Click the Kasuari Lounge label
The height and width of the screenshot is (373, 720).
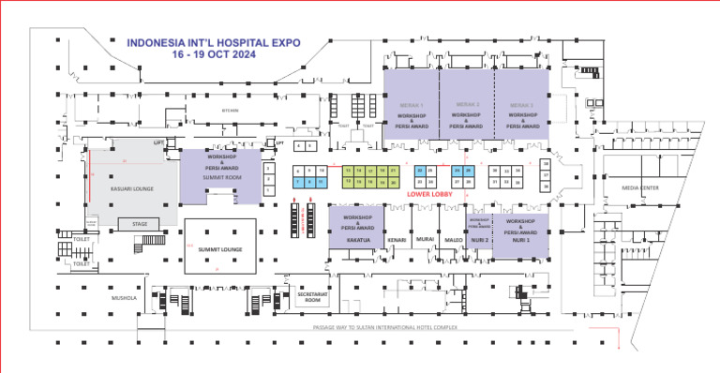coord(132,187)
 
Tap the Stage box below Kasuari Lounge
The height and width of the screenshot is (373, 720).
coord(140,224)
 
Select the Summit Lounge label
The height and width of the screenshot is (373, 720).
coord(220,248)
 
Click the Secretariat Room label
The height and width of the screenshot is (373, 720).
coord(313,297)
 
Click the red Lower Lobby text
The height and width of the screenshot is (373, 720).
coord(430,194)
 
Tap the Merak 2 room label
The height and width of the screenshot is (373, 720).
coord(466,105)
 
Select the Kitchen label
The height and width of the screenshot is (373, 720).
coord(231,111)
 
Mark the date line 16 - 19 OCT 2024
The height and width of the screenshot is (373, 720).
coord(213,55)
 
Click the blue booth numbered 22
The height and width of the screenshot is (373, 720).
coord(421,171)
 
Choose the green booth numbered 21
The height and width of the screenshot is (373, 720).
coord(395,171)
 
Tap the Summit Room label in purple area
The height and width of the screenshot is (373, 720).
coord(221,175)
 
